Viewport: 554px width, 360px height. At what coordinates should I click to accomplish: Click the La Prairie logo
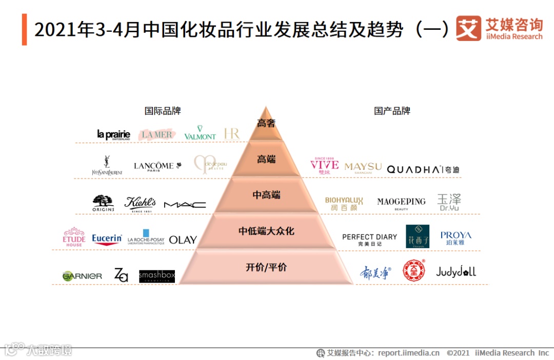[113, 134]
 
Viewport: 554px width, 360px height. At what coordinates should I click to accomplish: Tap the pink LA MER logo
[157, 134]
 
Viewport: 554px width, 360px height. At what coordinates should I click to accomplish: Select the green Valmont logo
[200, 133]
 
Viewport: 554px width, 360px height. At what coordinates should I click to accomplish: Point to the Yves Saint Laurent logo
[107, 166]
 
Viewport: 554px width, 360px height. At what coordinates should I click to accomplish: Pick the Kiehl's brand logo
[140, 203]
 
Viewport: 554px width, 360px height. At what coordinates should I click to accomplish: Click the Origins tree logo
[103, 203]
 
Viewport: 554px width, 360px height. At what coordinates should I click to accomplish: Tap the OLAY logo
[183, 239]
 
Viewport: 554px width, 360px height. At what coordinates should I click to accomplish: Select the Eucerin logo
[107, 239]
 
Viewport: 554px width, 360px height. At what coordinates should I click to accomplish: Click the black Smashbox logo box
[156, 276]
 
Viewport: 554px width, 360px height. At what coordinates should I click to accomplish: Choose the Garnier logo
[82, 276]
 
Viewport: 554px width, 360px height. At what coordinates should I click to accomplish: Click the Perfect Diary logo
[369, 239]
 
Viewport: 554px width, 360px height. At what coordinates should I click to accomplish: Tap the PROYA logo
[456, 238]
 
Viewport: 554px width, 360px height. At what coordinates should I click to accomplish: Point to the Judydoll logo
[456, 272]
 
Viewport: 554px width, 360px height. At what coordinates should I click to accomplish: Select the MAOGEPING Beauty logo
[401, 203]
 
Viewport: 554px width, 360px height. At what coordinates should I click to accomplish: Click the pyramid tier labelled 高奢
[266, 123]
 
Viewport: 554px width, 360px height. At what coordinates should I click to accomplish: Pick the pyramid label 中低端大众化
[266, 231]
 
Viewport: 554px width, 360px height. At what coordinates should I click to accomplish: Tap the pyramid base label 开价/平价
[266, 267]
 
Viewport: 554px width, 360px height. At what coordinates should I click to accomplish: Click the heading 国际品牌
[163, 111]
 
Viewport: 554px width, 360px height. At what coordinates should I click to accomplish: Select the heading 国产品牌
[392, 111]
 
